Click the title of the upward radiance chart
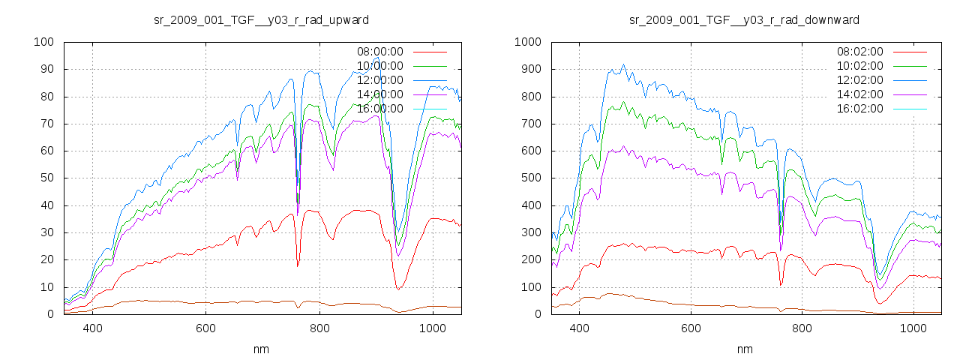(261, 19)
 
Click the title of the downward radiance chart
(744, 19)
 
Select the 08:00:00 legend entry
(379, 52)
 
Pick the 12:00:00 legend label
(379, 80)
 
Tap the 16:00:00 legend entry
(379, 109)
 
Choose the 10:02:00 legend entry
(860, 66)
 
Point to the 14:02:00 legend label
(860, 94)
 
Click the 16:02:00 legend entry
(860, 109)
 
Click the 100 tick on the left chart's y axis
(43, 42)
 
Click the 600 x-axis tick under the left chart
(206, 328)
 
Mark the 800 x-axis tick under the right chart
(802, 328)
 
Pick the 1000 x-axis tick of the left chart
(433, 328)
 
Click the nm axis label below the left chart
(262, 349)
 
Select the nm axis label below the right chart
(744, 349)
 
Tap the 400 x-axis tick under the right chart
(578, 328)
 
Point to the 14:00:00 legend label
(379, 94)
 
